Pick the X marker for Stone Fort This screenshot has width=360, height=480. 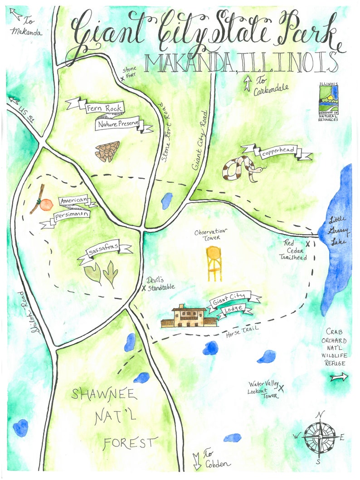coord(122,78)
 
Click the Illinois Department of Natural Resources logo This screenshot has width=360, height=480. coord(329,102)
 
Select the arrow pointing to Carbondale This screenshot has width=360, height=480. coord(248,83)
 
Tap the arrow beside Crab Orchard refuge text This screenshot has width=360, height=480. coord(339,377)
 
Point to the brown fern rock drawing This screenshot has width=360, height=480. coord(107,152)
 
